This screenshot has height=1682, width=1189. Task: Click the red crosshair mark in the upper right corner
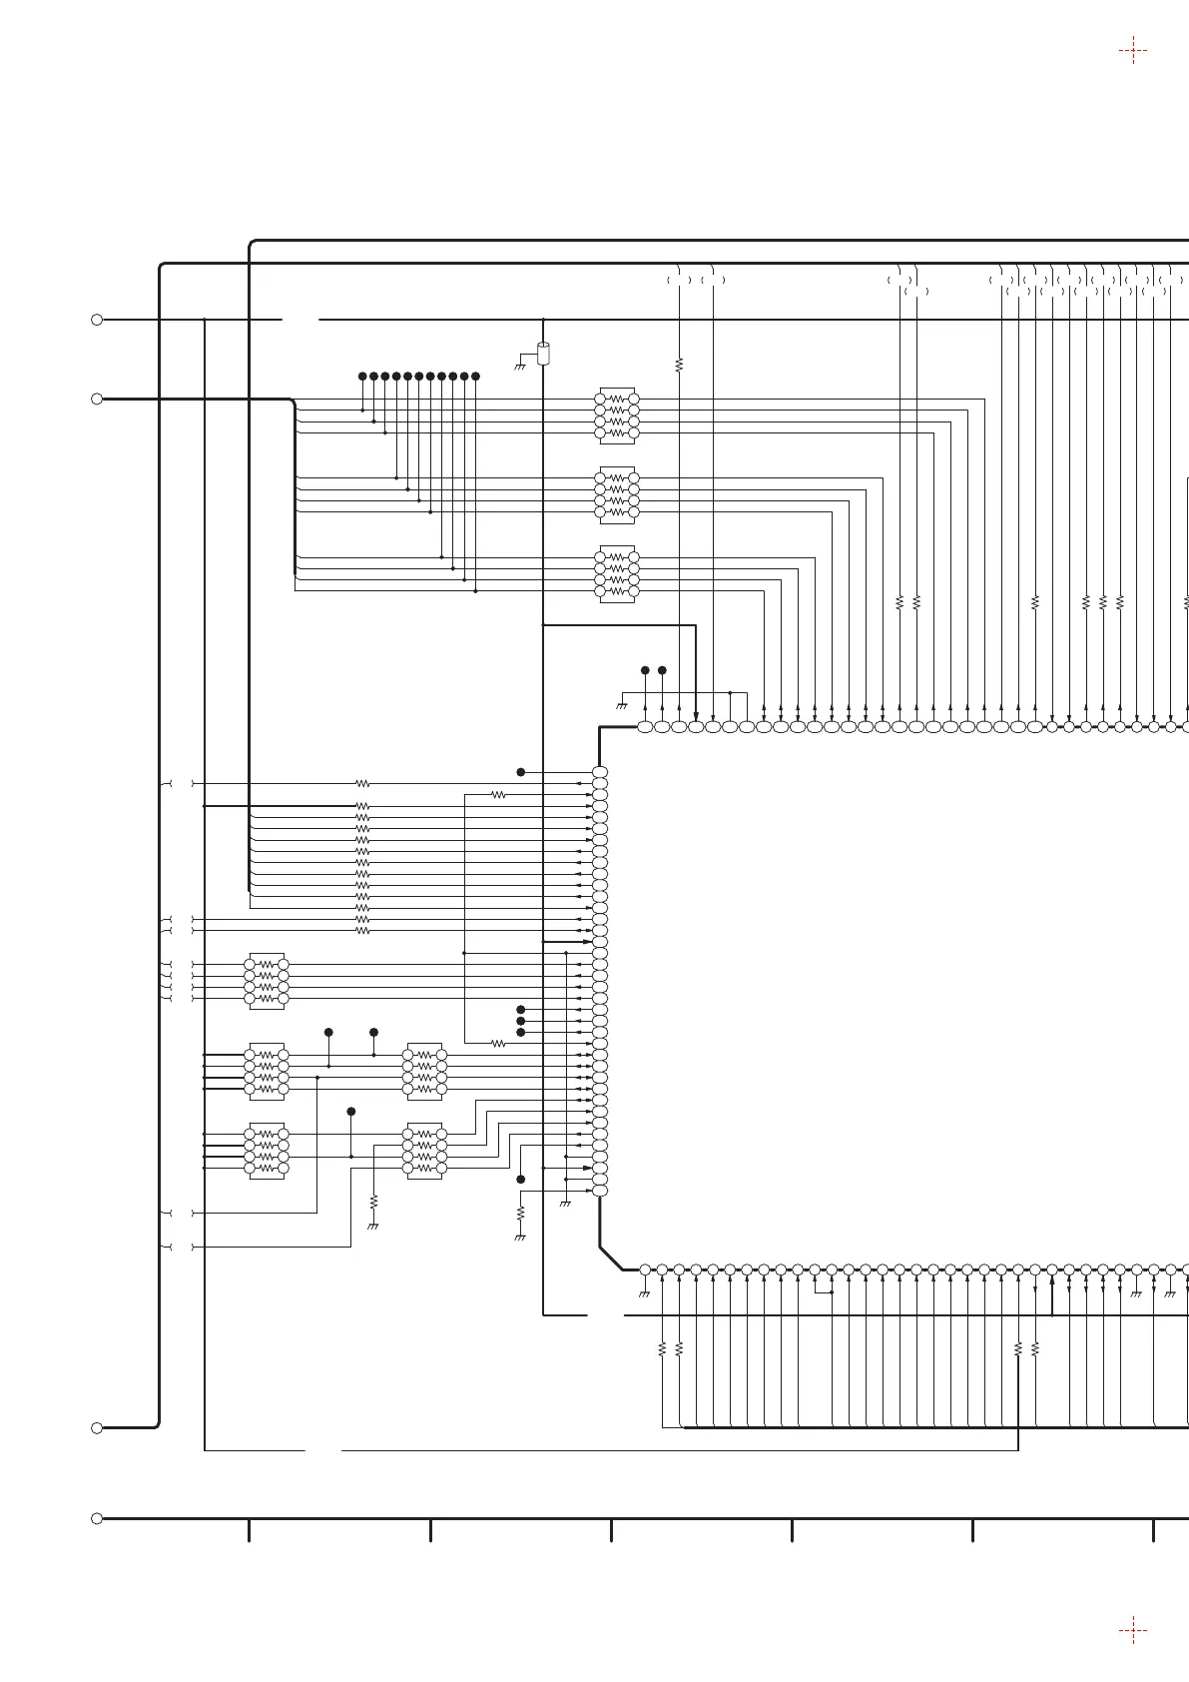coord(1132,50)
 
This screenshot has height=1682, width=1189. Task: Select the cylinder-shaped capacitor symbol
coord(543,353)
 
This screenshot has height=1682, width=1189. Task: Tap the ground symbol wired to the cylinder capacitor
coord(519,367)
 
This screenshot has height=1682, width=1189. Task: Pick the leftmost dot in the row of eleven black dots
coord(362,376)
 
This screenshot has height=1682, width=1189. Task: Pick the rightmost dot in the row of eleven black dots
coord(475,376)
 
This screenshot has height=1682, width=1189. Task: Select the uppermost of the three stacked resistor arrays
coord(617,416)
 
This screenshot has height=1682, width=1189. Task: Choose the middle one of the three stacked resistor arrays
coord(617,494)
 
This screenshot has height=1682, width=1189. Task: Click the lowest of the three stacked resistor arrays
coord(617,574)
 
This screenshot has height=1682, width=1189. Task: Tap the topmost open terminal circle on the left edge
coord(97,320)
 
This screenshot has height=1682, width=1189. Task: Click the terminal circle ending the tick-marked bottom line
coord(97,1518)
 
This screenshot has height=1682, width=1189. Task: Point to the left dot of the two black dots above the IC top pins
coord(645,670)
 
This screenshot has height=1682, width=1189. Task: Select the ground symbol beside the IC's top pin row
coord(621,705)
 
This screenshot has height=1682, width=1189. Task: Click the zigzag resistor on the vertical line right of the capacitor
coord(679,365)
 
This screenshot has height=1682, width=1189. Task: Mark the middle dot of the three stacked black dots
coord(520,1021)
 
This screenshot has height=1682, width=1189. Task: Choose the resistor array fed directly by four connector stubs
coord(267,981)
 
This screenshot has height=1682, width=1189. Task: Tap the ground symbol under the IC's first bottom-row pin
coord(644,1294)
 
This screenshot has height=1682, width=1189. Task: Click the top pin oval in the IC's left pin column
coord(600,772)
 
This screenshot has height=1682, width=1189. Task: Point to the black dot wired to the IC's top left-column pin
coord(520,772)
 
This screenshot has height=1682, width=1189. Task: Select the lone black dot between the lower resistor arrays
coord(350,1112)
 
